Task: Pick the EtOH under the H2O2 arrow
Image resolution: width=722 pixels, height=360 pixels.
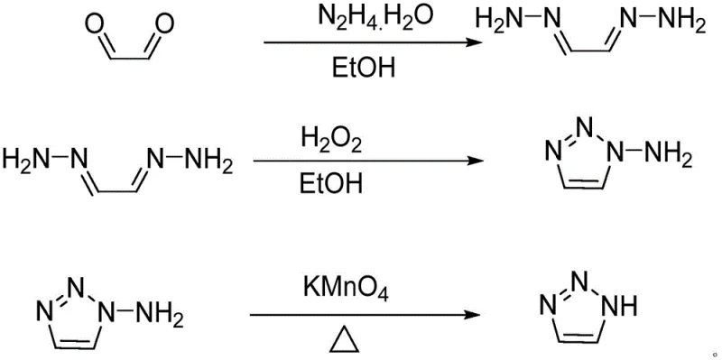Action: click(328, 186)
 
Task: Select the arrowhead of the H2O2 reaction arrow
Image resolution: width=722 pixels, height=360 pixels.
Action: click(472, 162)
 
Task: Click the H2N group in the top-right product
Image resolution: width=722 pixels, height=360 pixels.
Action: click(502, 20)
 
